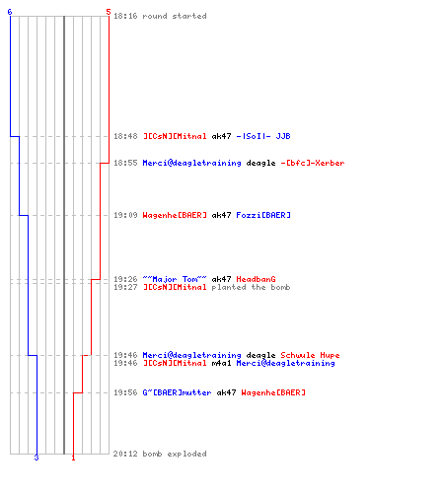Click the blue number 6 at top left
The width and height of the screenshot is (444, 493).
point(10,12)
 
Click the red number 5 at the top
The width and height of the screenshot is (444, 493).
point(109,12)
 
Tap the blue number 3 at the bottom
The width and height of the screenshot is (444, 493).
point(37,458)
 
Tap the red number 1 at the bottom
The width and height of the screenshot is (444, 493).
point(73,458)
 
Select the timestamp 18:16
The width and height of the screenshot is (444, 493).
point(125,16)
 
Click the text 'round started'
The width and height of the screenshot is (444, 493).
point(175,16)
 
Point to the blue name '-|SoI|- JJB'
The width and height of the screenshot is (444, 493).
point(263,136)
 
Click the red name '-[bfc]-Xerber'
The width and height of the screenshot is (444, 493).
point(313,163)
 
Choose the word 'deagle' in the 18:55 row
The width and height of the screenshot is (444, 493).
point(260,164)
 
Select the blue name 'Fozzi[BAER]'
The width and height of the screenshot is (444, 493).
point(263,215)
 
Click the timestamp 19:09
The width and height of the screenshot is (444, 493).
point(125,215)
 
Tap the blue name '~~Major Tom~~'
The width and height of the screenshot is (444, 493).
point(175,279)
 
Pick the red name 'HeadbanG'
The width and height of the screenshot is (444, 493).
point(256,279)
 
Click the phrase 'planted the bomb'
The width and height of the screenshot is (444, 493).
point(251,287)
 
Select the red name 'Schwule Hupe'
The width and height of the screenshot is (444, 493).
point(310,355)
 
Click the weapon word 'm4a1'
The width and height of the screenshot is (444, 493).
point(221,363)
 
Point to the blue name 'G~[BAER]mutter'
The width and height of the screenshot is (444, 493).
point(177,392)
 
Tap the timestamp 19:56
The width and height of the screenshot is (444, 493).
point(125,392)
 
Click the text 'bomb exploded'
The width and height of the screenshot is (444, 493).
point(175,454)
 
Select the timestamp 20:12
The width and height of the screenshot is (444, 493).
point(125,454)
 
